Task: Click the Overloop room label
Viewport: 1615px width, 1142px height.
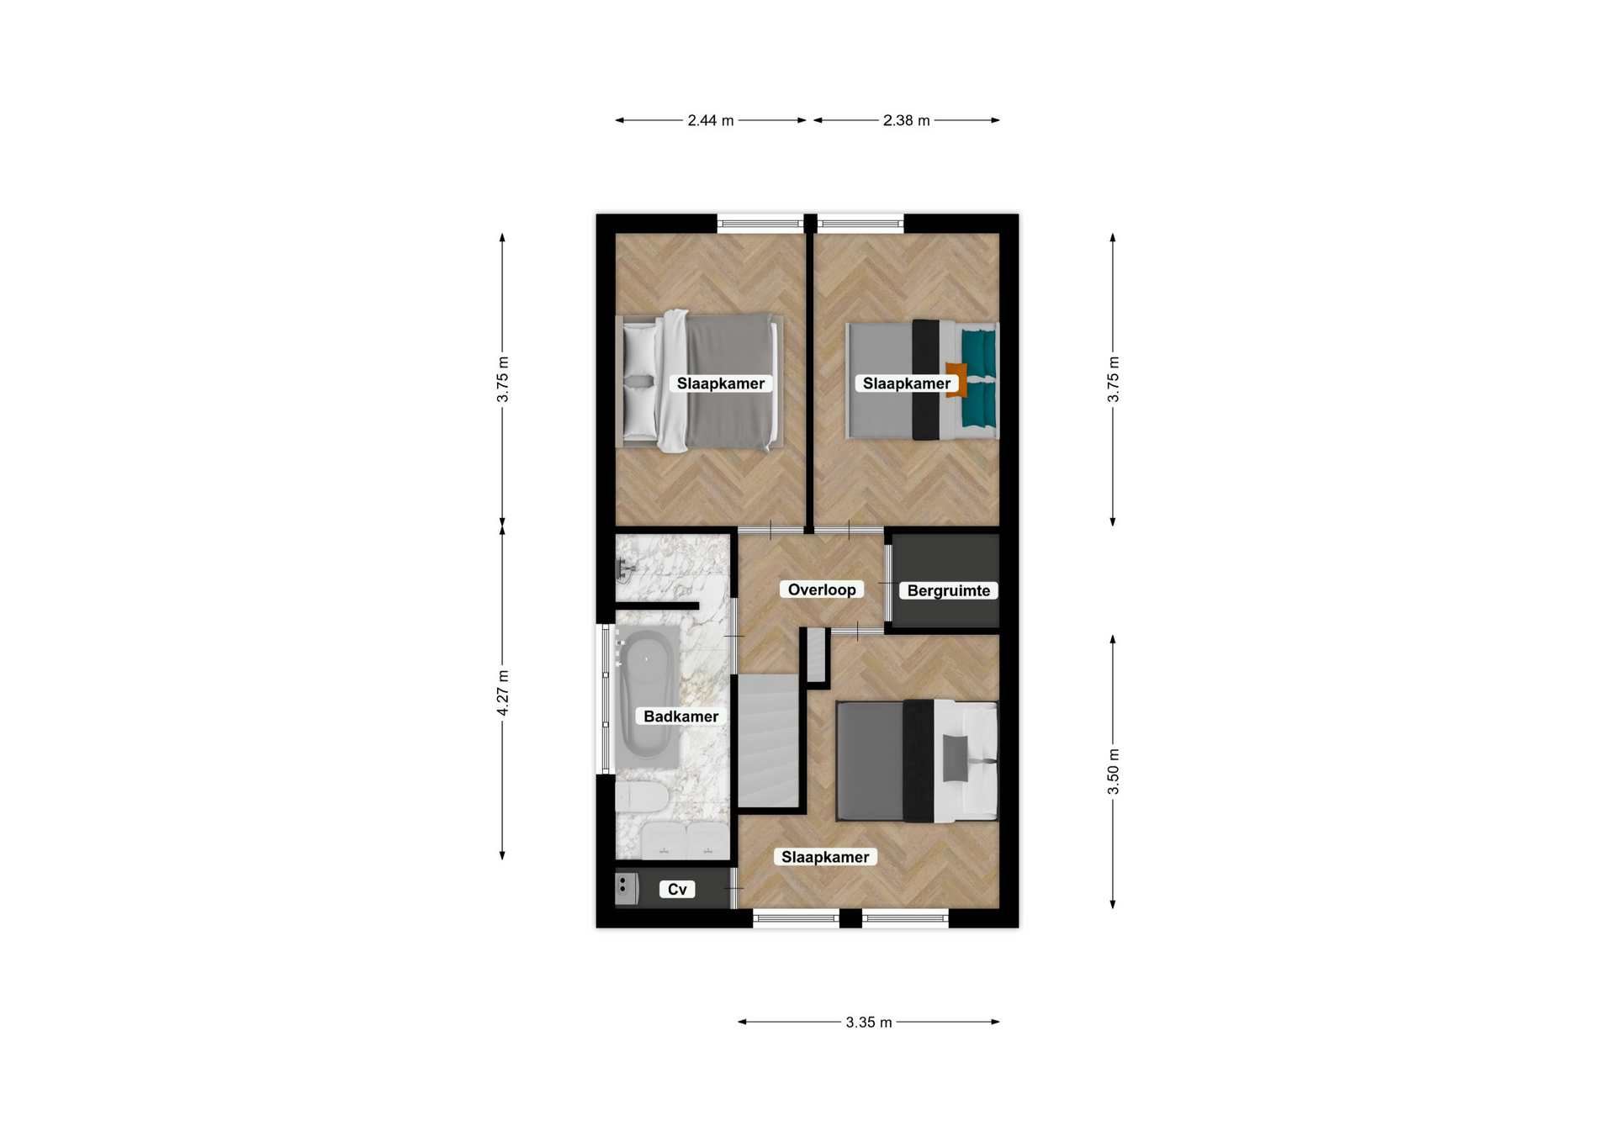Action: click(x=822, y=590)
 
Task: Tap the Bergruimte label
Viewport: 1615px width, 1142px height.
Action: click(x=948, y=590)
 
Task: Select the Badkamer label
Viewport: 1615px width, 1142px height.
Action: click(x=680, y=716)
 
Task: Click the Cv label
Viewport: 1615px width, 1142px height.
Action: click(x=677, y=889)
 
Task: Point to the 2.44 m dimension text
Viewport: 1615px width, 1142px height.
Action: click(x=711, y=120)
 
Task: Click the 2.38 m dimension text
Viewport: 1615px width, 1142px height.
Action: click(x=907, y=120)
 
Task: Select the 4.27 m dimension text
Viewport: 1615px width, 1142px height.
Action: click(x=502, y=693)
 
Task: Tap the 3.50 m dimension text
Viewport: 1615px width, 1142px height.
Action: click(x=1113, y=771)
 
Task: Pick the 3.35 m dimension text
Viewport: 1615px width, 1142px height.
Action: click(x=869, y=1022)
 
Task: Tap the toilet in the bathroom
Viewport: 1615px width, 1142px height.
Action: click(x=642, y=796)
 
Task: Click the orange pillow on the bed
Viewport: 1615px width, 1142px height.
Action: click(x=956, y=379)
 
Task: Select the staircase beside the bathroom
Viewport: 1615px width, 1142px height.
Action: click(x=768, y=740)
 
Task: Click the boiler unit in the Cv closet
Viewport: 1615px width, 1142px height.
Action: click(x=627, y=888)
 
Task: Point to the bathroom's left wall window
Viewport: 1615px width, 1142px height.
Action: click(x=604, y=699)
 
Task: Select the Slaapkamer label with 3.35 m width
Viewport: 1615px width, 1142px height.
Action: click(x=825, y=857)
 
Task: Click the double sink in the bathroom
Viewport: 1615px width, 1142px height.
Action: click(x=686, y=840)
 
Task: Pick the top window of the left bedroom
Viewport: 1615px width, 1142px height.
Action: click(x=760, y=224)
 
